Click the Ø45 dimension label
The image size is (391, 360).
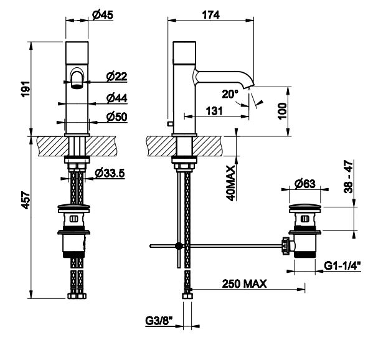point(103,15)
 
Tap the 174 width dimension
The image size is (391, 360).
point(210,15)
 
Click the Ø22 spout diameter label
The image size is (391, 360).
point(116,77)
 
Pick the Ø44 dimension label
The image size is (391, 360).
point(116,98)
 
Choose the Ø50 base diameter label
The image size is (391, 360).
point(116,116)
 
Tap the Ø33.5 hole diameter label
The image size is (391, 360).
point(110,173)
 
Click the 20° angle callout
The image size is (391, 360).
point(230,94)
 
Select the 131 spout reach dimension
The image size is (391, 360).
point(214,111)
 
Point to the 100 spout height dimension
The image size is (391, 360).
point(283,111)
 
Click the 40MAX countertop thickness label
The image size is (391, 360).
point(230,183)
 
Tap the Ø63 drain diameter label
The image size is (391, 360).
point(304,184)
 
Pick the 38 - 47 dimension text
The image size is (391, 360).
point(349,177)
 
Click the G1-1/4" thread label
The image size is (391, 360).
point(342,265)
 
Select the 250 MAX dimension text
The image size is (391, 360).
point(244,283)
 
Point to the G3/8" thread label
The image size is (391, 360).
point(159,321)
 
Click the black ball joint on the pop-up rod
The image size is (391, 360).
point(179,246)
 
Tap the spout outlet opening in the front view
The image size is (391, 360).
point(77,87)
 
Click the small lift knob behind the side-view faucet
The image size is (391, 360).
point(171,123)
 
